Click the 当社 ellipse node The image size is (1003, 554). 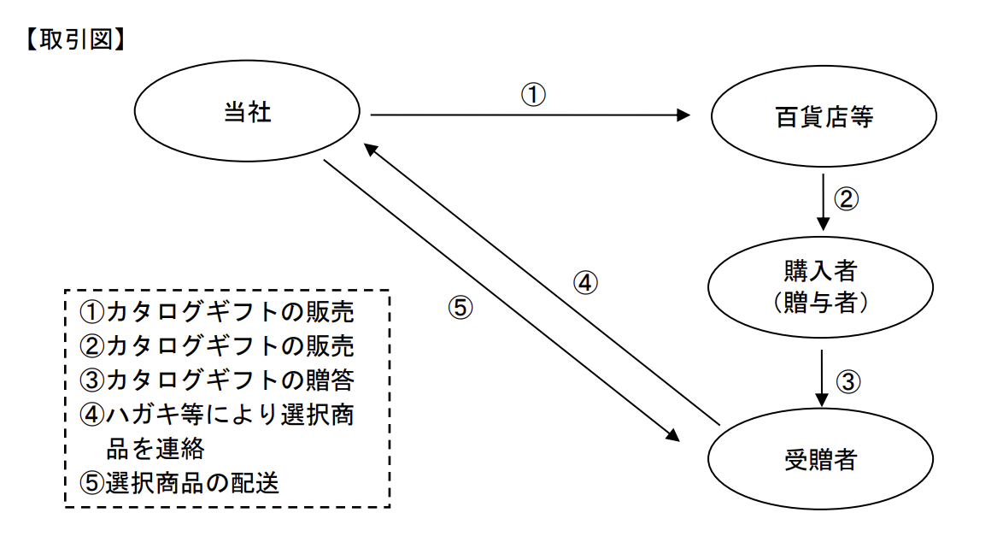tap(247, 113)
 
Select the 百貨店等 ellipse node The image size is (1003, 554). tap(819, 118)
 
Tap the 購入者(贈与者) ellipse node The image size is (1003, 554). tap(819, 287)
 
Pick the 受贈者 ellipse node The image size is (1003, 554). tap(819, 460)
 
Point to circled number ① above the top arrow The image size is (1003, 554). tap(533, 94)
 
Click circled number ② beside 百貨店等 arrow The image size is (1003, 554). tap(846, 199)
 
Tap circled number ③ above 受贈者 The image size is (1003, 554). tap(846, 381)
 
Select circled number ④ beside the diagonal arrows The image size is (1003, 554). tap(585, 282)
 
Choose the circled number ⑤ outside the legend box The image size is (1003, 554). tap(460, 309)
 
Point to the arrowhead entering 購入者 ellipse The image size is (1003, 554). tap(822, 224)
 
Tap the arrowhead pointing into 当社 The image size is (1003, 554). tap(370, 149)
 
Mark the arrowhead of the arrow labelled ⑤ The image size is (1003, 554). tap(672, 436)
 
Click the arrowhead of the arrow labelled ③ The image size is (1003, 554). tap(822, 398)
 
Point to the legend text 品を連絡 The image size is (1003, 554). tap(155, 449)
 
